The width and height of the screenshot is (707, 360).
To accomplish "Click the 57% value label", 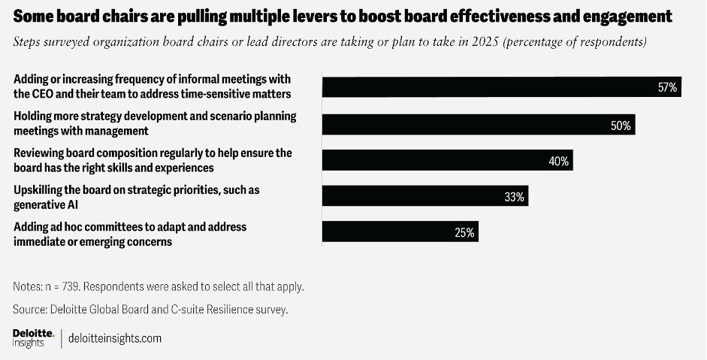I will [x=667, y=87].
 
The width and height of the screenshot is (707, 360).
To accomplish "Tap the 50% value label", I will [x=621, y=126].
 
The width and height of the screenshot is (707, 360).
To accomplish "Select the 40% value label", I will [x=558, y=161].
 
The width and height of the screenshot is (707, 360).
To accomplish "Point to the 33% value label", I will [x=515, y=198].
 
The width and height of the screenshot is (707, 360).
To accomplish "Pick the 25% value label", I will [x=464, y=233].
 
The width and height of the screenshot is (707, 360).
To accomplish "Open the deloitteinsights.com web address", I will [x=115, y=338].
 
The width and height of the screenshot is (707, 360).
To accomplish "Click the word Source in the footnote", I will [x=30, y=309].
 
